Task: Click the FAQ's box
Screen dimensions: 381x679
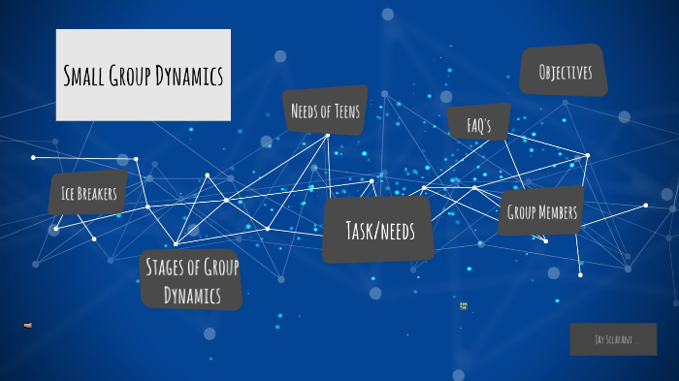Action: click(479, 125)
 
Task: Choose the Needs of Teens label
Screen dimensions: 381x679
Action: click(325, 111)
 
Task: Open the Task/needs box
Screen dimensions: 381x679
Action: click(379, 230)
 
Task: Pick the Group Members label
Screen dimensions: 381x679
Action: click(541, 212)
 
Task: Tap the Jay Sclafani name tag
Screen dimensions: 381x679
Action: click(613, 339)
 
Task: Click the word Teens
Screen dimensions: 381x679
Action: click(343, 111)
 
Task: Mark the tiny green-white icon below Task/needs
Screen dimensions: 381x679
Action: click(464, 305)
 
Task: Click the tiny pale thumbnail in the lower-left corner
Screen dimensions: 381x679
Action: click(28, 325)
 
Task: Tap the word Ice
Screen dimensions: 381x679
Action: click(68, 194)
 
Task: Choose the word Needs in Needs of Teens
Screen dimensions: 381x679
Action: click(306, 111)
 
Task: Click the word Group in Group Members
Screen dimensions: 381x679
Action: click(522, 212)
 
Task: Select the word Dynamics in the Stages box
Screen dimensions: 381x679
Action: click(191, 293)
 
